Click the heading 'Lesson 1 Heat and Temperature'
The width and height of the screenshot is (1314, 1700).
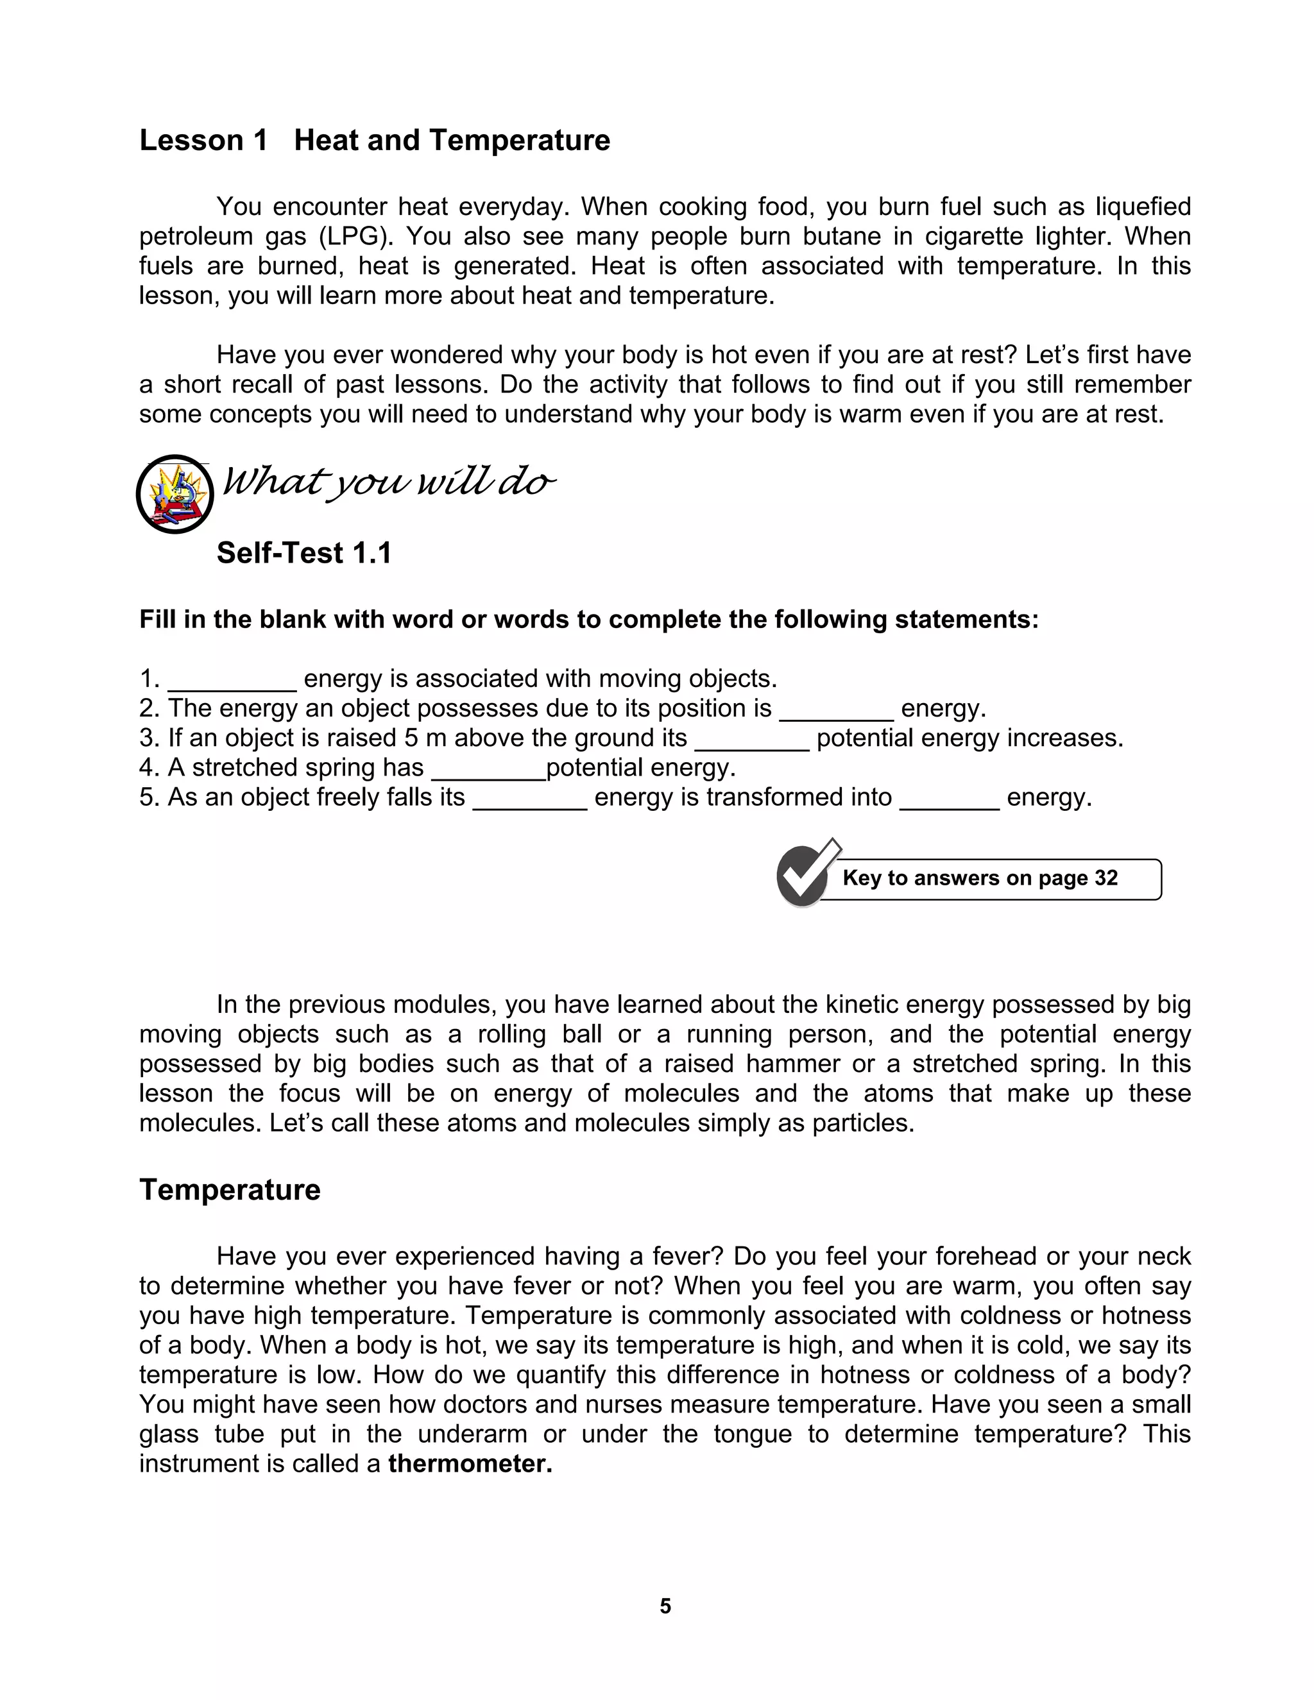click(x=375, y=140)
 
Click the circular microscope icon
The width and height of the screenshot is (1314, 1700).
click(x=175, y=494)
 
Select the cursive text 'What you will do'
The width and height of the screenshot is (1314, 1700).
click(x=389, y=482)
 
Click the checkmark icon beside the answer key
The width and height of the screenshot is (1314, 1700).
click(x=804, y=875)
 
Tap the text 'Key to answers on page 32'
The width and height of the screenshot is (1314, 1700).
click(x=980, y=878)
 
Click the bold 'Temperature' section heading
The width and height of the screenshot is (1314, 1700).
click(x=230, y=1189)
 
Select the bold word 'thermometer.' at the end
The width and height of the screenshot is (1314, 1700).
click(x=470, y=1463)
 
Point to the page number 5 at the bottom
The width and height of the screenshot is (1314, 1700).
click(x=665, y=1606)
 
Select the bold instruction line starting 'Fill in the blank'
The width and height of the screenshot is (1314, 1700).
click(x=588, y=620)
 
